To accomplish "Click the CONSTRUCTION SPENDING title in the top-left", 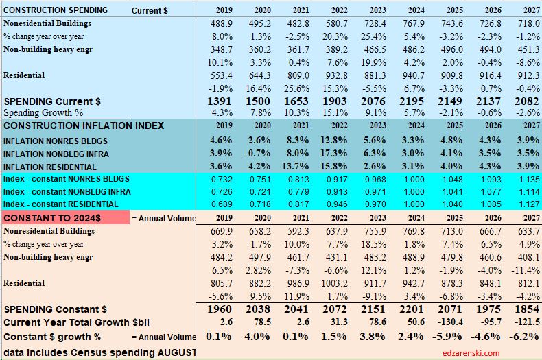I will click(56, 10).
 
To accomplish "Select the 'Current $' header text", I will click(150, 10).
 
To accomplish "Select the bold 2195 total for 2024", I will click(412, 101).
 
